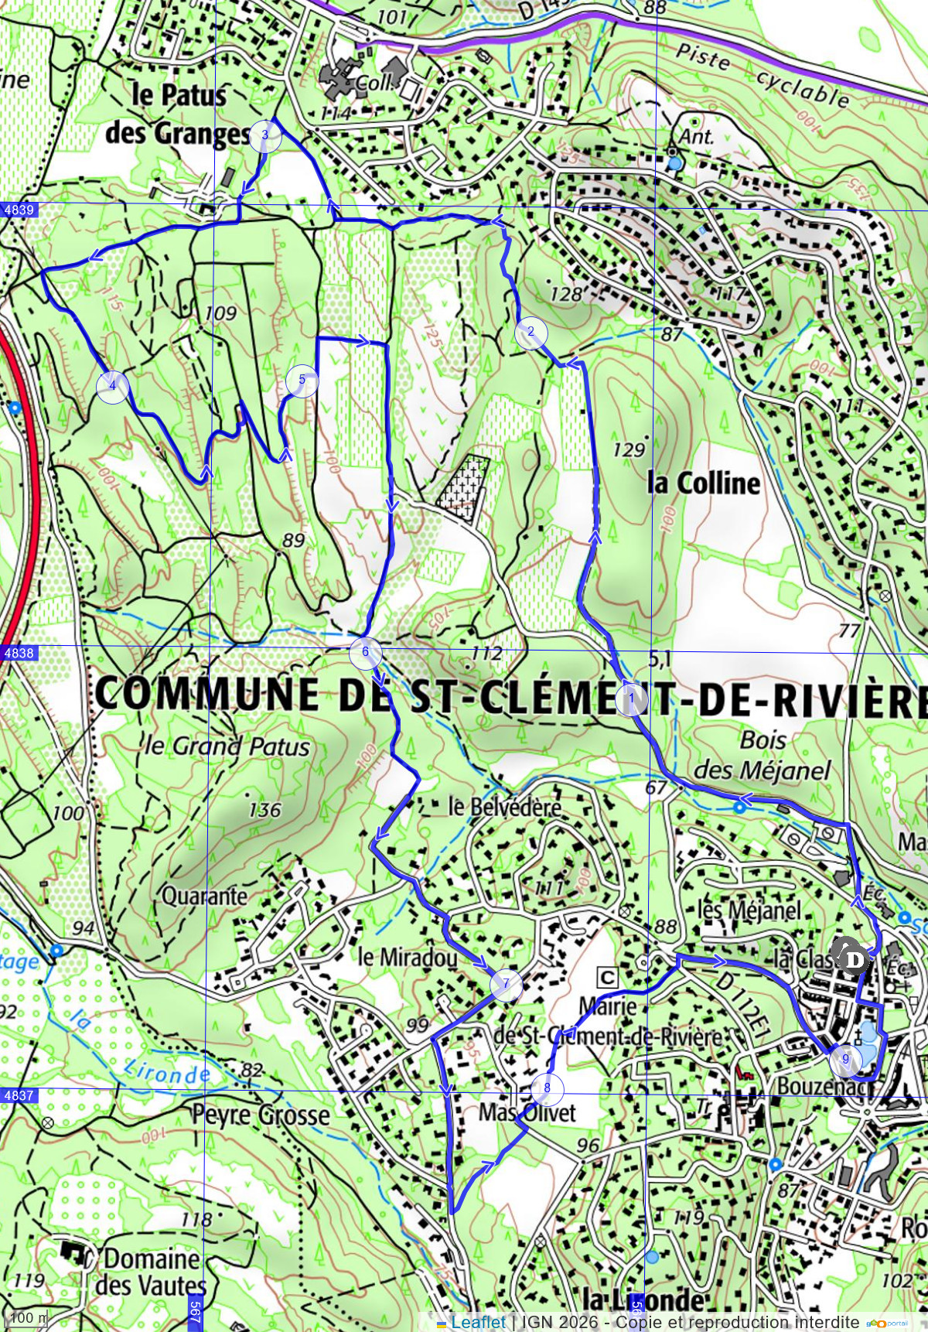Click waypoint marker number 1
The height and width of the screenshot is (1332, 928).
[632, 700]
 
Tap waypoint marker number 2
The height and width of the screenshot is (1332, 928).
[531, 333]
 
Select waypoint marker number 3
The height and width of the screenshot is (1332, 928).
[265, 135]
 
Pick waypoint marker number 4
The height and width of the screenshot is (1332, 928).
[112, 386]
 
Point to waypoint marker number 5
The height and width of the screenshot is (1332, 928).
[302, 381]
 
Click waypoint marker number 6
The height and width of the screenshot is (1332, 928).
[365, 652]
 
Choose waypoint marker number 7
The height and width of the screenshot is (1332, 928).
[506, 985]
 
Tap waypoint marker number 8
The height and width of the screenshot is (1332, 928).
[548, 1088]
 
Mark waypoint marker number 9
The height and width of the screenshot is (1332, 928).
[845, 1060]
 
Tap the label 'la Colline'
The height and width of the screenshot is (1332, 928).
[704, 483]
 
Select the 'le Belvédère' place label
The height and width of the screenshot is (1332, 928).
[505, 807]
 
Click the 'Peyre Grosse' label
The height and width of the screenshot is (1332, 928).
[261, 1115]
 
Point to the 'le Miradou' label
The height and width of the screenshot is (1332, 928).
[408, 958]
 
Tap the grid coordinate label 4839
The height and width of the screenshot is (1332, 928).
[19, 210]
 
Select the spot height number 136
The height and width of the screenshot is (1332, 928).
[264, 810]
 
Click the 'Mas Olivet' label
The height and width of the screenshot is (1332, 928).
[527, 1113]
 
